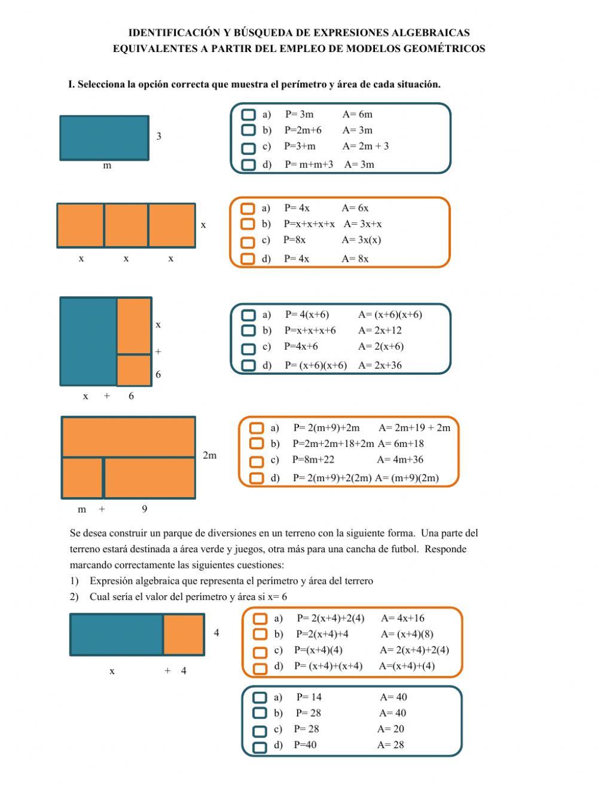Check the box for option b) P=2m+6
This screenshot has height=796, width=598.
tap(248, 130)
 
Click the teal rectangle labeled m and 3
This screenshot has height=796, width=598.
tap(104, 138)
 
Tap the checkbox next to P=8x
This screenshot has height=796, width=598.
tap(248, 242)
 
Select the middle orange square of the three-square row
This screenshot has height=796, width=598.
tap(126, 225)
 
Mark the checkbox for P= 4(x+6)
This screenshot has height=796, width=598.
tap(248, 315)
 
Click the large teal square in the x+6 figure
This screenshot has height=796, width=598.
tap(89, 341)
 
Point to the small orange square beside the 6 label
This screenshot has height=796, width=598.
tap(134, 370)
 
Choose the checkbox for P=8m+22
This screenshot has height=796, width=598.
tap(257, 461)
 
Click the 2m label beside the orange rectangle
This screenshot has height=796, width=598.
tap(209, 455)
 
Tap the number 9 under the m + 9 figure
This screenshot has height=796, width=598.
tap(144, 509)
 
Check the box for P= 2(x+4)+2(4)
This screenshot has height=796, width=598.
tap(260, 619)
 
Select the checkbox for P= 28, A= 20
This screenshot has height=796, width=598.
tap(260, 731)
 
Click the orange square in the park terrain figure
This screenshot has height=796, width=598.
tap(184, 634)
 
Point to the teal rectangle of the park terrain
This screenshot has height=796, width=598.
tap(117, 634)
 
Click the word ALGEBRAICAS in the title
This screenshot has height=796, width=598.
tap(431, 33)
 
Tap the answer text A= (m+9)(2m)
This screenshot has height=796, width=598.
tap(407, 477)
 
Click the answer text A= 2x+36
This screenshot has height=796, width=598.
tap(380, 365)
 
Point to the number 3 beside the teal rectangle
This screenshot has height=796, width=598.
tap(158, 136)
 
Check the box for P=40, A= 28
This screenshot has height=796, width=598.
tap(260, 747)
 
